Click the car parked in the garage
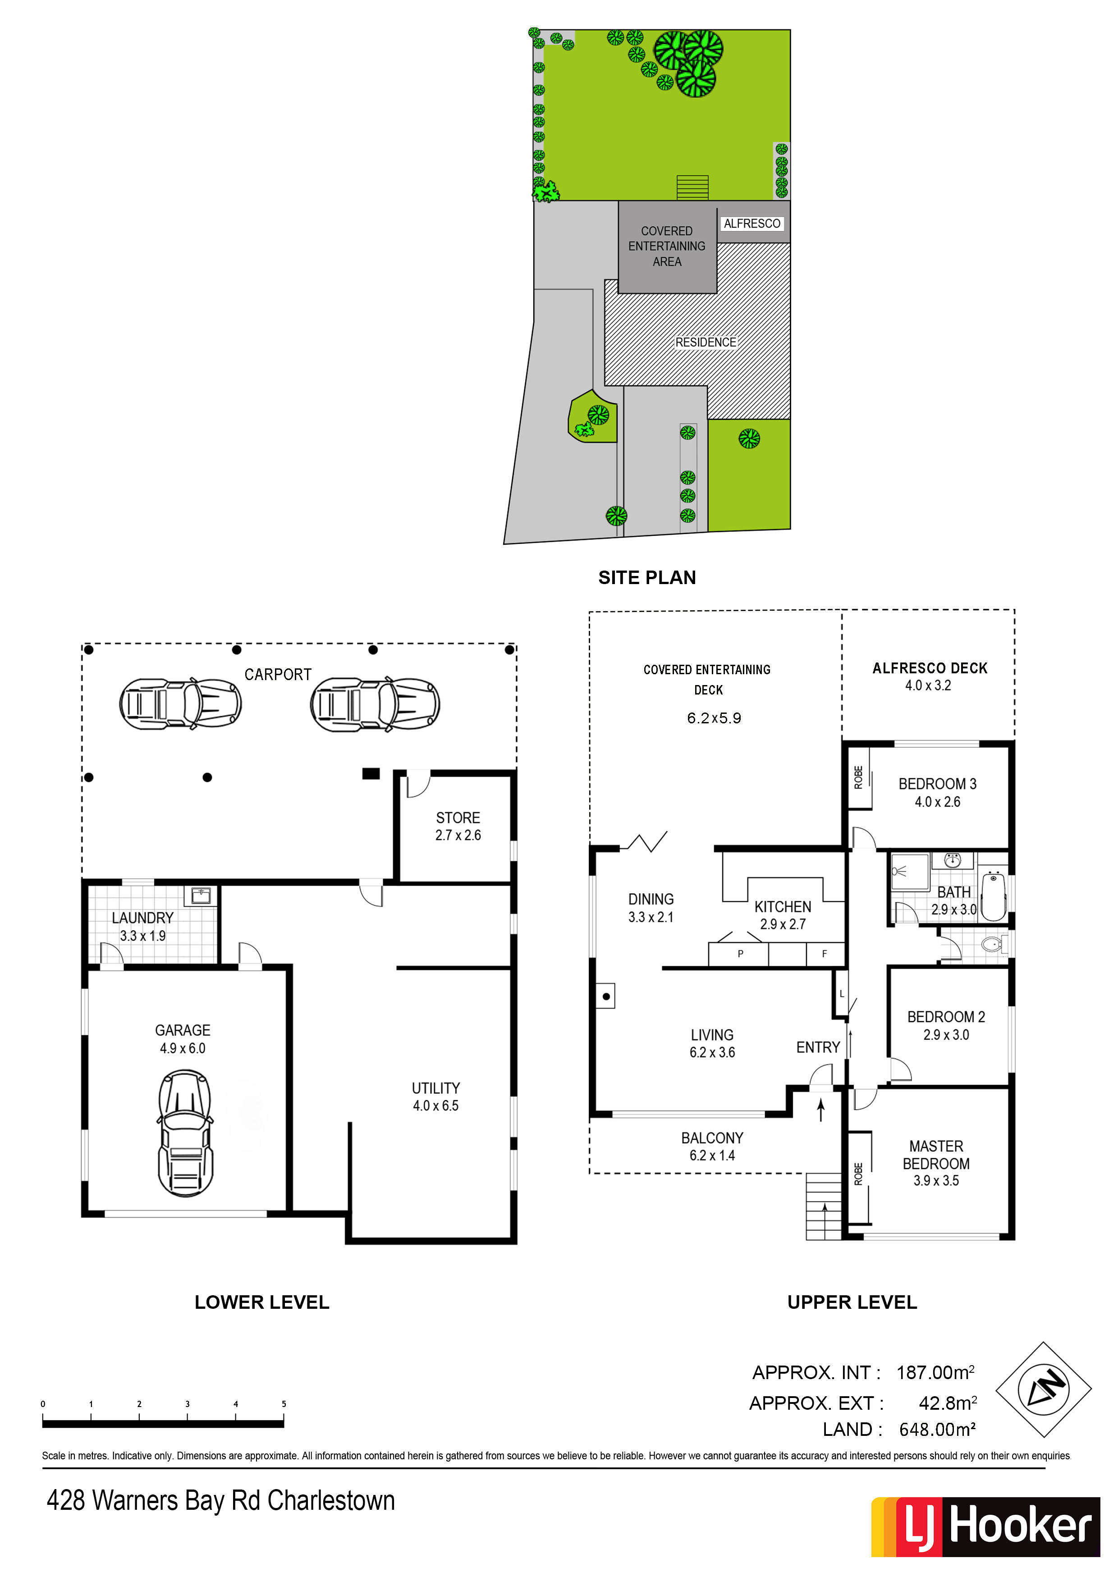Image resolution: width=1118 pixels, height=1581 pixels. [185, 1133]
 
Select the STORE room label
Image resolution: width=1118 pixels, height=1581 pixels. [458, 818]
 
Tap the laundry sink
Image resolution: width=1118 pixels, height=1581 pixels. [201, 896]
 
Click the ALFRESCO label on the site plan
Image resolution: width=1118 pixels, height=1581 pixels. [752, 224]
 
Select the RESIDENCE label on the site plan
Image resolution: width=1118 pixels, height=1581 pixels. [706, 342]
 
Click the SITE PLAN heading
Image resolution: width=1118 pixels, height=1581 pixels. [647, 578]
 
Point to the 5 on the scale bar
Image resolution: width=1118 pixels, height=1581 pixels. [284, 1404]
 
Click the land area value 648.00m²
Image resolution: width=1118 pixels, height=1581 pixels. [937, 1430]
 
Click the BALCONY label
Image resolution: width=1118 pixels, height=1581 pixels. [712, 1138]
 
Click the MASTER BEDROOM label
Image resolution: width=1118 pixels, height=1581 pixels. [936, 1155]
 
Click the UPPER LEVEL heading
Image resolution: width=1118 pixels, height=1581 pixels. [852, 1302]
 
